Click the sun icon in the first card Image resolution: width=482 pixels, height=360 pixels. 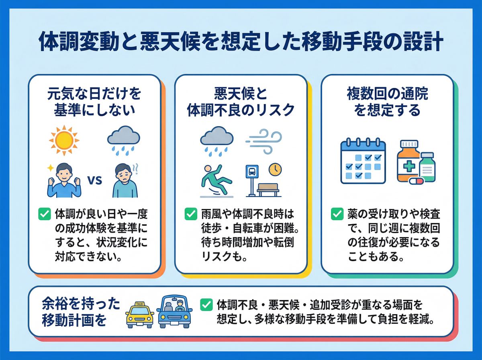[64, 139]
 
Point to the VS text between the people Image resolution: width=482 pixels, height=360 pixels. [94, 180]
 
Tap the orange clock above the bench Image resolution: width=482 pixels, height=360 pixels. [275, 169]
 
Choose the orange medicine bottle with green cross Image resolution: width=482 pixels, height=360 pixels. [408, 161]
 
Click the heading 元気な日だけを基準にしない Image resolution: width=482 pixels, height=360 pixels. [94, 102]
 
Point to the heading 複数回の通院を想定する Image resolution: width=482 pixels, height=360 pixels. [388, 102]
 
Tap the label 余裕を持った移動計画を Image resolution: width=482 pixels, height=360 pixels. [80, 313]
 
